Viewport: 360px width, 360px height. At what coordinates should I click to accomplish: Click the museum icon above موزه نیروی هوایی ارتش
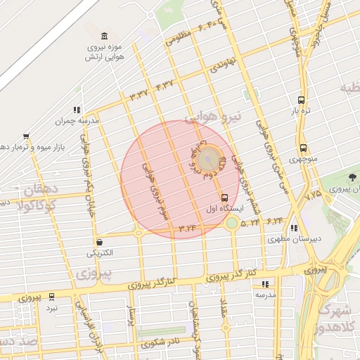pyautogui.click(x=105, y=37)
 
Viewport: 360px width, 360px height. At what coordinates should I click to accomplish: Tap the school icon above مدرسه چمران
pyautogui.click(x=77, y=110)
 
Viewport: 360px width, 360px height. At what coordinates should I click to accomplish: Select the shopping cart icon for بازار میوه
pyautogui.click(x=26, y=136)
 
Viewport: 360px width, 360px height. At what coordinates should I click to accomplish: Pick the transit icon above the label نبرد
pyautogui.click(x=53, y=297)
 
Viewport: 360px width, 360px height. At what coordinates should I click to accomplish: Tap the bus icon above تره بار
pyautogui.click(x=301, y=100)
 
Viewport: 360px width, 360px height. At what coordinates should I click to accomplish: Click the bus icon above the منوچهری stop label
pyautogui.click(x=303, y=148)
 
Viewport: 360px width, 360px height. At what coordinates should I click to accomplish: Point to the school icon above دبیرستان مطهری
pyautogui.click(x=293, y=228)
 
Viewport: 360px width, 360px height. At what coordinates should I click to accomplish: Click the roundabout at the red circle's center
pyautogui.click(x=207, y=161)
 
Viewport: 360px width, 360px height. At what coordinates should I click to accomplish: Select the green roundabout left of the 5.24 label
pyautogui.click(x=231, y=224)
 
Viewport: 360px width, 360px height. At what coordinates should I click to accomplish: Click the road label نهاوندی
pyautogui.click(x=220, y=66)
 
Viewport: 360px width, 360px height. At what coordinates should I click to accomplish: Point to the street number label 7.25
pyautogui.click(x=313, y=193)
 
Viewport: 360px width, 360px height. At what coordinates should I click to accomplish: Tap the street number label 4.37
pyautogui.click(x=164, y=85)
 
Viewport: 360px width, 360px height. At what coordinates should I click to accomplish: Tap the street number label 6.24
pyautogui.click(x=274, y=221)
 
